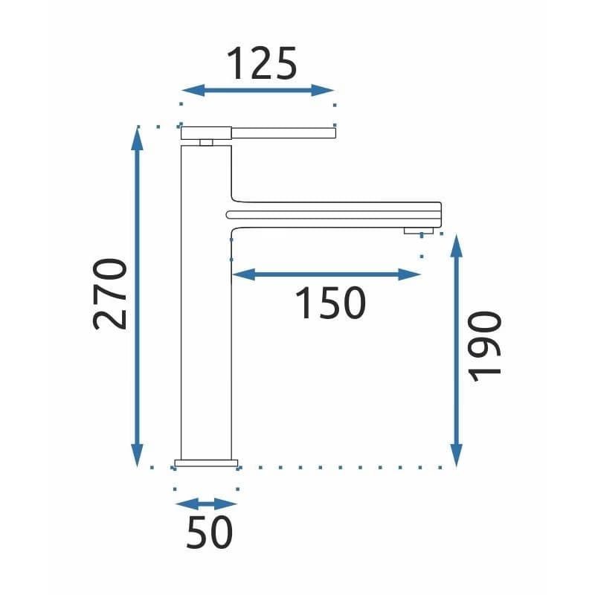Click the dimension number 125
262,64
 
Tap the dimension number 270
109,294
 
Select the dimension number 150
330,303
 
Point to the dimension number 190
485,347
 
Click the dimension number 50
210,532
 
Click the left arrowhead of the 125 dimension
193,90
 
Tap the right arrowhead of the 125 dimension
323,90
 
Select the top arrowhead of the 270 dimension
137,139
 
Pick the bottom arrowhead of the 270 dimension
137,455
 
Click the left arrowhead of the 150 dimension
244,274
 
